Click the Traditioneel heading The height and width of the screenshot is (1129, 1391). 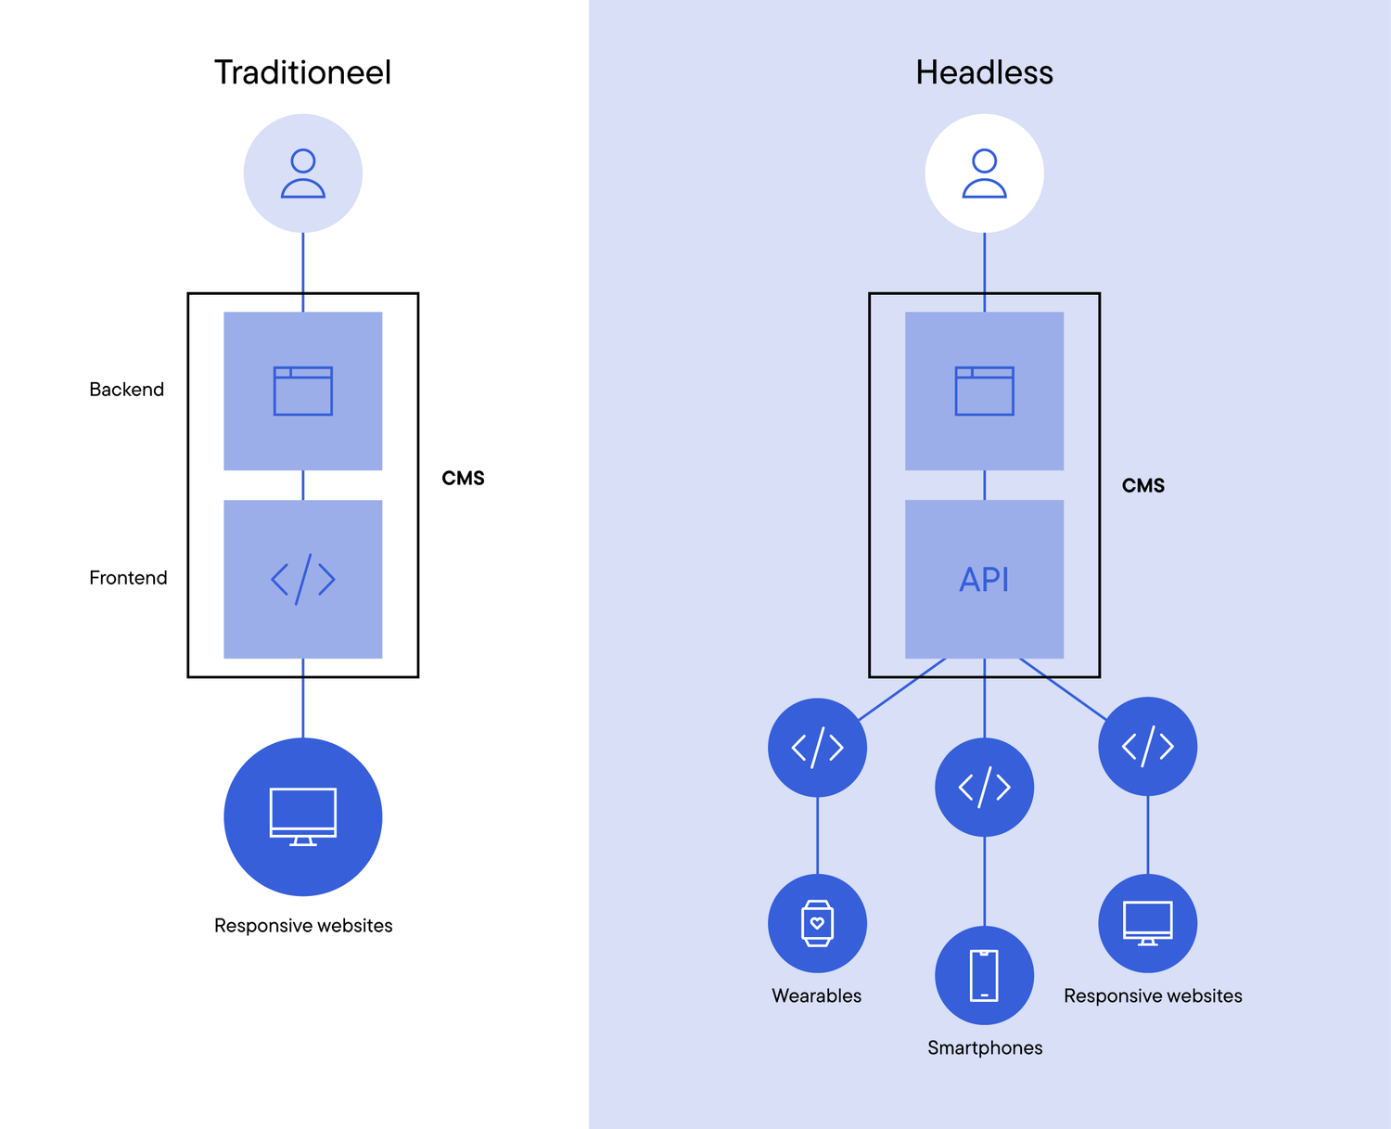pos(302,72)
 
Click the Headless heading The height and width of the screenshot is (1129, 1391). pos(984,72)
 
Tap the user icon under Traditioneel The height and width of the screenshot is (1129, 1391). pos(302,173)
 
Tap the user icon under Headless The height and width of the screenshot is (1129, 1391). pos(984,173)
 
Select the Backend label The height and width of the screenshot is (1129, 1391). pos(126,390)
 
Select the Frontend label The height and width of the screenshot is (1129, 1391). pos(128,578)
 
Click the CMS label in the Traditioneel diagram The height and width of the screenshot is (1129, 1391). pos(463,479)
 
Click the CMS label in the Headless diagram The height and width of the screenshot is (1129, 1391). pos(1142,486)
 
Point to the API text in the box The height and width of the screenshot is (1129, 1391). pos(984,580)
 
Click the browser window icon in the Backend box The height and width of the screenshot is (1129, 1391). pos(302,391)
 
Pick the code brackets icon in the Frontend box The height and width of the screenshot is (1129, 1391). pos(302,580)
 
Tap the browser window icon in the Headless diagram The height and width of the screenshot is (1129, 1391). pos(984,391)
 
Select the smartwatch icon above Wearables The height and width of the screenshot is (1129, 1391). pos(817,923)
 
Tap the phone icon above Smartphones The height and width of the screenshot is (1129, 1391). pos(984,975)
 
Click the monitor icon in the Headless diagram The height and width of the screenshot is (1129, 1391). pos(1147,923)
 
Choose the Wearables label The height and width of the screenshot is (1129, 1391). pos(816,995)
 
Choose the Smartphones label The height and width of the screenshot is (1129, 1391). pos(985,1047)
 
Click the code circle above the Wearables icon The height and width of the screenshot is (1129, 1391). pos(817,747)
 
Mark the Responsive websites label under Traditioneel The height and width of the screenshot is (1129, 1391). pos(303,926)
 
